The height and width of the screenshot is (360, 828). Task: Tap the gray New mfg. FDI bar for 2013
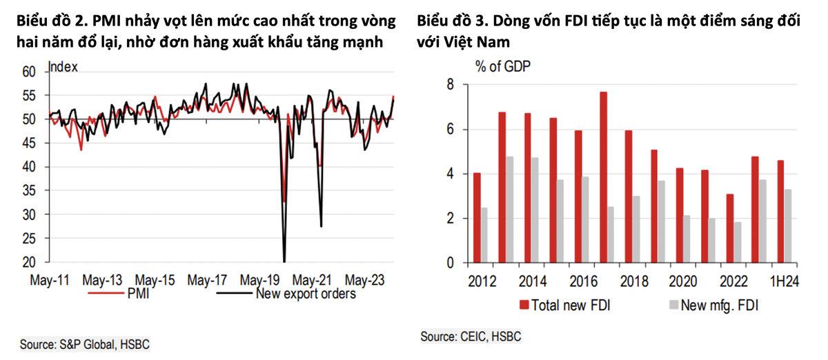[x=510, y=210]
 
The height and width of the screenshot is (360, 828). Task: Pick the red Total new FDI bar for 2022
[x=730, y=228]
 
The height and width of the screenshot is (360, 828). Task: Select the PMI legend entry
[x=137, y=294]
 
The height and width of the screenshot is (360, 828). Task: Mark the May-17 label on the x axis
[x=208, y=281]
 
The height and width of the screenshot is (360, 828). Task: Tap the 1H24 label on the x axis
[x=785, y=282]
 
